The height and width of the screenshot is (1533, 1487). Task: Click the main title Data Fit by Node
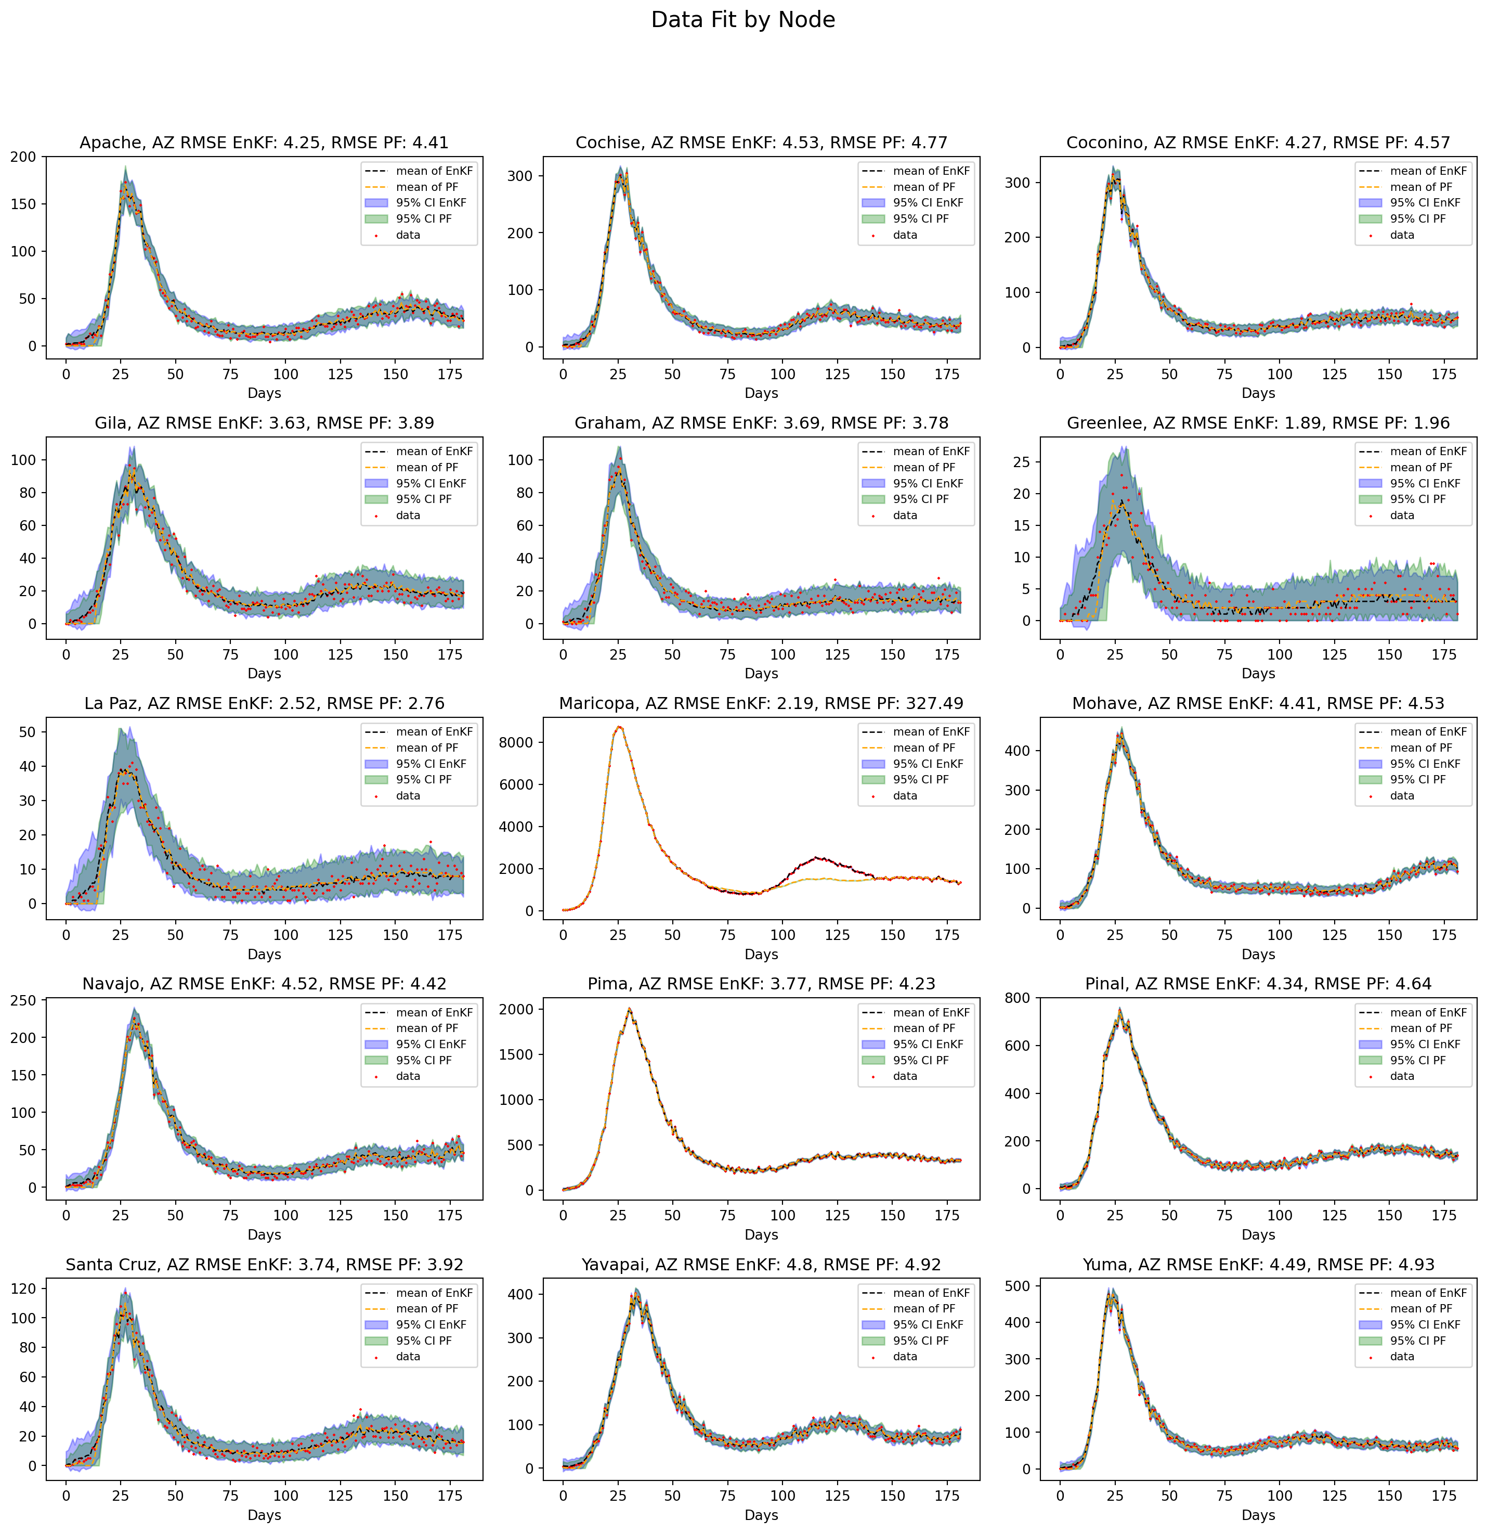tap(742, 20)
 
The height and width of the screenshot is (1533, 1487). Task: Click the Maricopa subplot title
tap(761, 703)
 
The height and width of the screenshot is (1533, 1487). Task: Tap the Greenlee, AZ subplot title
tap(1258, 423)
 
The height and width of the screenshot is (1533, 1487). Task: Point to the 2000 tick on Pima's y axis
tap(516, 1009)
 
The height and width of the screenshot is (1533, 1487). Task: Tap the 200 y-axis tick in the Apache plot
tap(23, 157)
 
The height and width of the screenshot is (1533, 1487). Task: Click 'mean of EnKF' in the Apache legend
tap(434, 171)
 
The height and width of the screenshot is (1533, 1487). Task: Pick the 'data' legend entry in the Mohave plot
tap(1402, 795)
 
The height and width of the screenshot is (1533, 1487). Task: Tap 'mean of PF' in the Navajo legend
tap(427, 1028)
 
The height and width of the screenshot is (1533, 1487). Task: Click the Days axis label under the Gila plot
tap(264, 674)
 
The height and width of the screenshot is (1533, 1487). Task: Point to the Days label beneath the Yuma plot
tap(1258, 1515)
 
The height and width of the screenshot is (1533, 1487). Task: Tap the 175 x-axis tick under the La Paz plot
tap(450, 935)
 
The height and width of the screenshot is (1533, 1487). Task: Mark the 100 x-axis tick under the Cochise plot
tap(782, 374)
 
